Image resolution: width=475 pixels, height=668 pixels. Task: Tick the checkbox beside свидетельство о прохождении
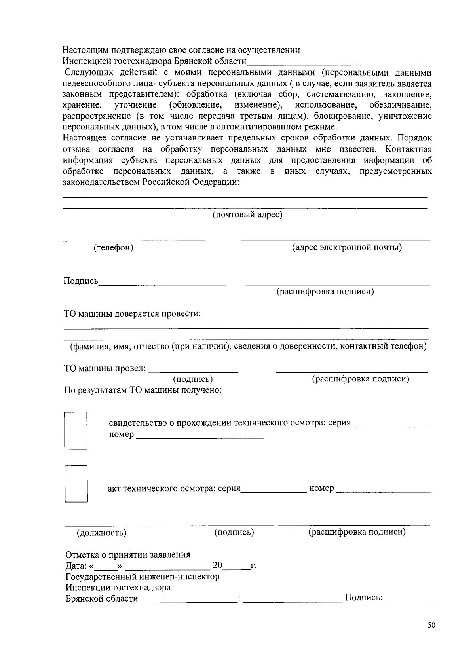click(76, 431)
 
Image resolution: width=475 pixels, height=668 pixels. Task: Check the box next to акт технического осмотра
click(76, 484)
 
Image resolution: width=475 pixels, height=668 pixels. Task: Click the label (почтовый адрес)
click(247, 215)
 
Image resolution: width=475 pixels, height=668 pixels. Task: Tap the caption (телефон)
click(113, 248)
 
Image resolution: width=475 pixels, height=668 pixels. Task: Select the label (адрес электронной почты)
click(347, 248)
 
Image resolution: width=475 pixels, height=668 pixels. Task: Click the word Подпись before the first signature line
click(81, 281)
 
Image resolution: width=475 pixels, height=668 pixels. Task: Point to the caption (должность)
click(102, 533)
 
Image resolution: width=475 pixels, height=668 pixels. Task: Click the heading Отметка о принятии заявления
click(127, 554)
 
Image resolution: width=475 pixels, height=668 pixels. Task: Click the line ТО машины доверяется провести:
click(132, 314)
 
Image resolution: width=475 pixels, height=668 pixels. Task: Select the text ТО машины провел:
click(105, 369)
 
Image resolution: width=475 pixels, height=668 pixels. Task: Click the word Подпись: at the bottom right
click(363, 598)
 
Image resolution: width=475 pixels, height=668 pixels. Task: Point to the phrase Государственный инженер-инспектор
click(142, 577)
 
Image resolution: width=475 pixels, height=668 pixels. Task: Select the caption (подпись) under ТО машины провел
click(193, 379)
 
